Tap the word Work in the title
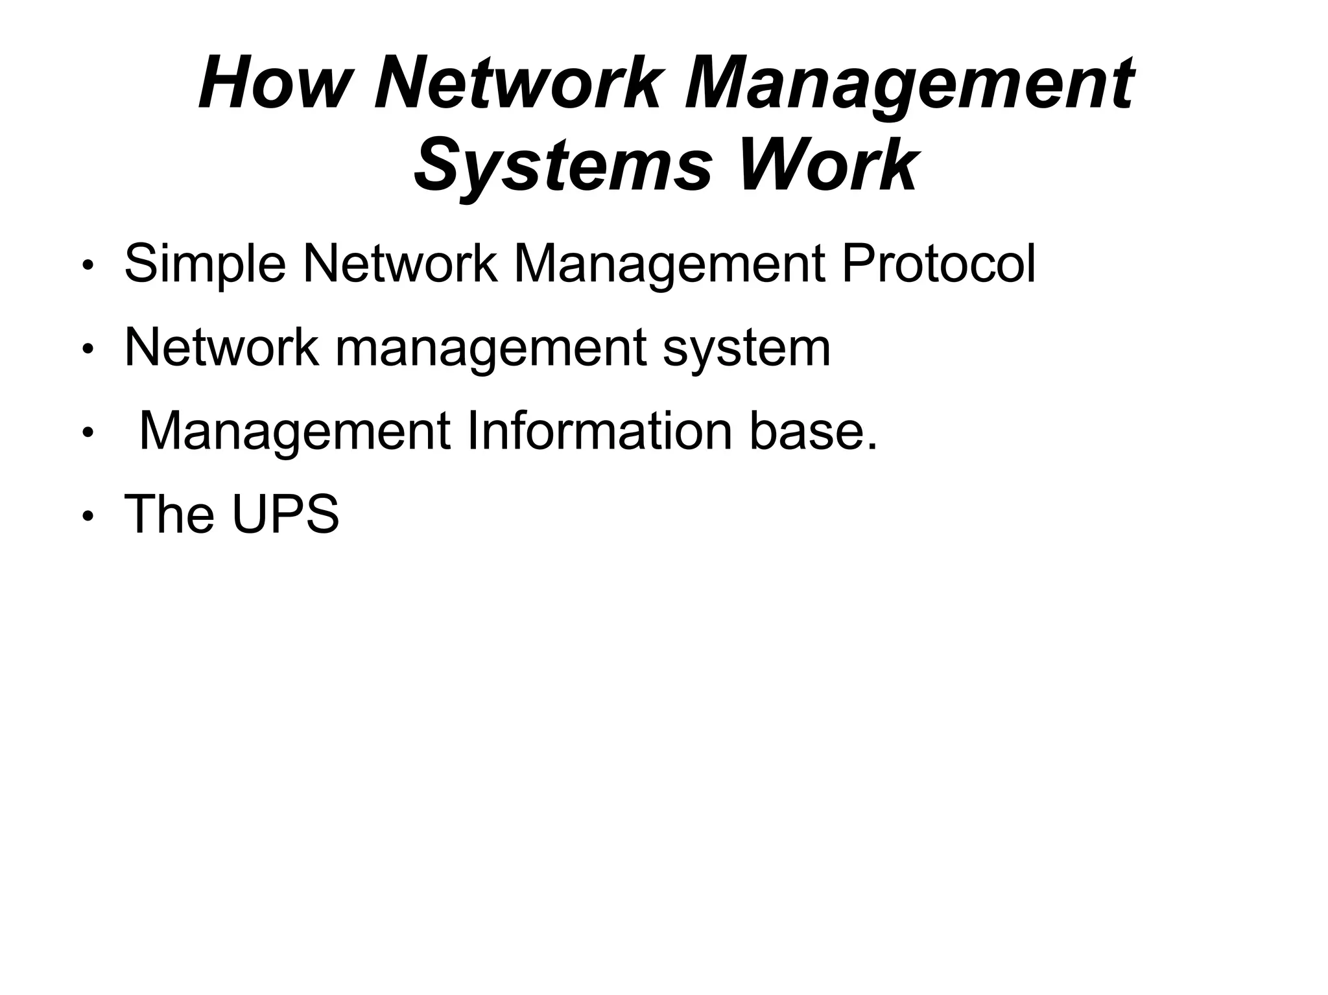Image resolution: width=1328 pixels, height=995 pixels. pyautogui.click(x=827, y=165)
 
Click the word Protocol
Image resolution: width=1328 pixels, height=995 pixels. pyautogui.click(x=938, y=264)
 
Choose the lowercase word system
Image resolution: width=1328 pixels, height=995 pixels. pyautogui.click(x=746, y=349)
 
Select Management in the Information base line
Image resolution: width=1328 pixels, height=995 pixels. pyautogui.click(x=295, y=432)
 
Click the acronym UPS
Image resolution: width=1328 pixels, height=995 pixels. pyautogui.click(x=285, y=514)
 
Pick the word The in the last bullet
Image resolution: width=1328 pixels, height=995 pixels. pyautogui.click(x=169, y=514)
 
